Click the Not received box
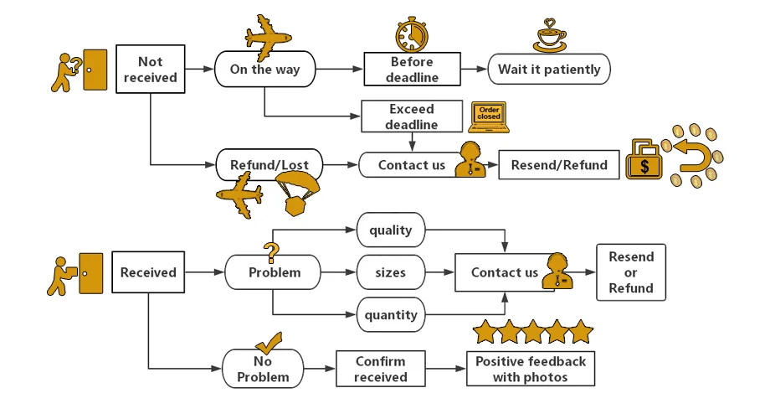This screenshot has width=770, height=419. [151, 69]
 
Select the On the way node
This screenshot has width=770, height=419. [264, 70]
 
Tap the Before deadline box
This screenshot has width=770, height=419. [413, 70]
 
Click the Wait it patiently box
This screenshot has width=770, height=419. [549, 70]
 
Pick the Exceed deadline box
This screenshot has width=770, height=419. [411, 117]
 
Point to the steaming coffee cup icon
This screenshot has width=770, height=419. [550, 35]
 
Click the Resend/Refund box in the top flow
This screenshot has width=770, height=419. [553, 164]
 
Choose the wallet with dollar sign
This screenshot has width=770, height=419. [644, 161]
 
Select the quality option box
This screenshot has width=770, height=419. [390, 229]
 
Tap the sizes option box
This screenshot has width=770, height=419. [390, 272]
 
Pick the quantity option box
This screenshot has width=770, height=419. [390, 315]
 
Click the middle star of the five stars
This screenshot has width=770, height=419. [533, 333]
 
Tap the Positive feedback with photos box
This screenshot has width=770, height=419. [531, 369]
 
